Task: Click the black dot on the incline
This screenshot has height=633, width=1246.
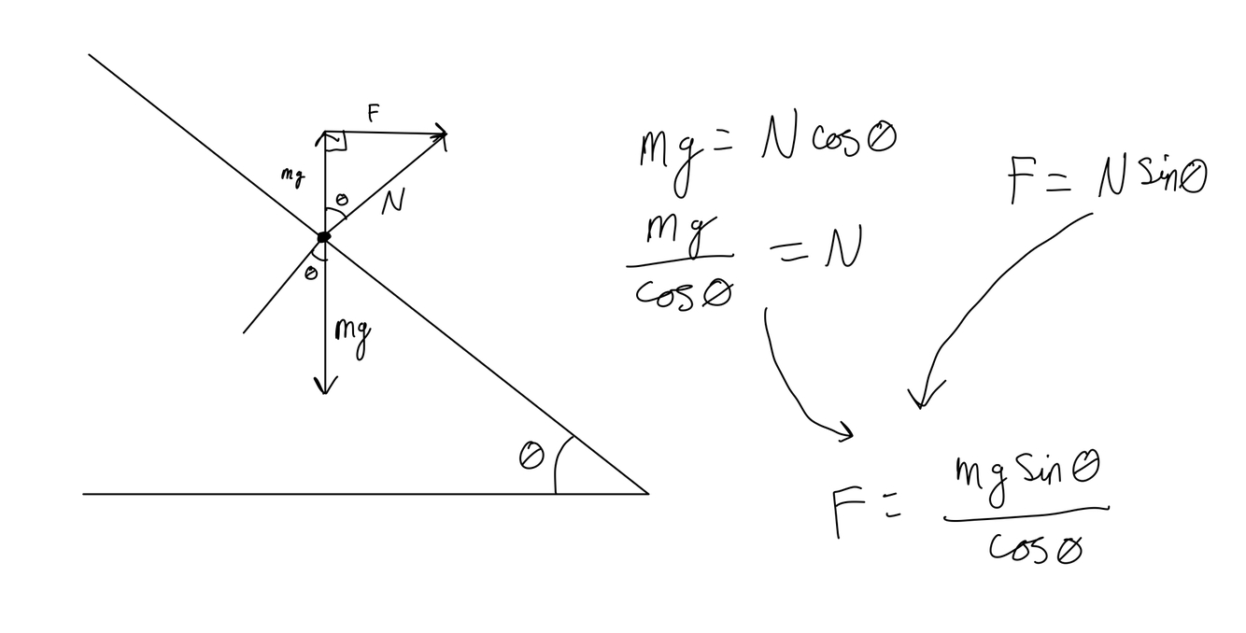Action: pos(323,237)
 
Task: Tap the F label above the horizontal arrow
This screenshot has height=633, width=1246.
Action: pos(374,114)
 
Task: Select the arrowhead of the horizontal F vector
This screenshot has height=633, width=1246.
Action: pos(442,135)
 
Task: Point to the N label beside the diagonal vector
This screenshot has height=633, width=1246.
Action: pos(393,203)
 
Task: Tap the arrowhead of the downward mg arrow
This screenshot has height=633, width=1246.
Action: pos(324,386)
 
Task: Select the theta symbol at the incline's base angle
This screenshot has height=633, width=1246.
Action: pos(531,457)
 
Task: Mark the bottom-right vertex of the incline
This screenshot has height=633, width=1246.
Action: pos(647,493)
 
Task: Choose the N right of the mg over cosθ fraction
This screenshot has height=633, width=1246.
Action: pos(842,250)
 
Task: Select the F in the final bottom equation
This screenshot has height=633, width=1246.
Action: pos(844,513)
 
